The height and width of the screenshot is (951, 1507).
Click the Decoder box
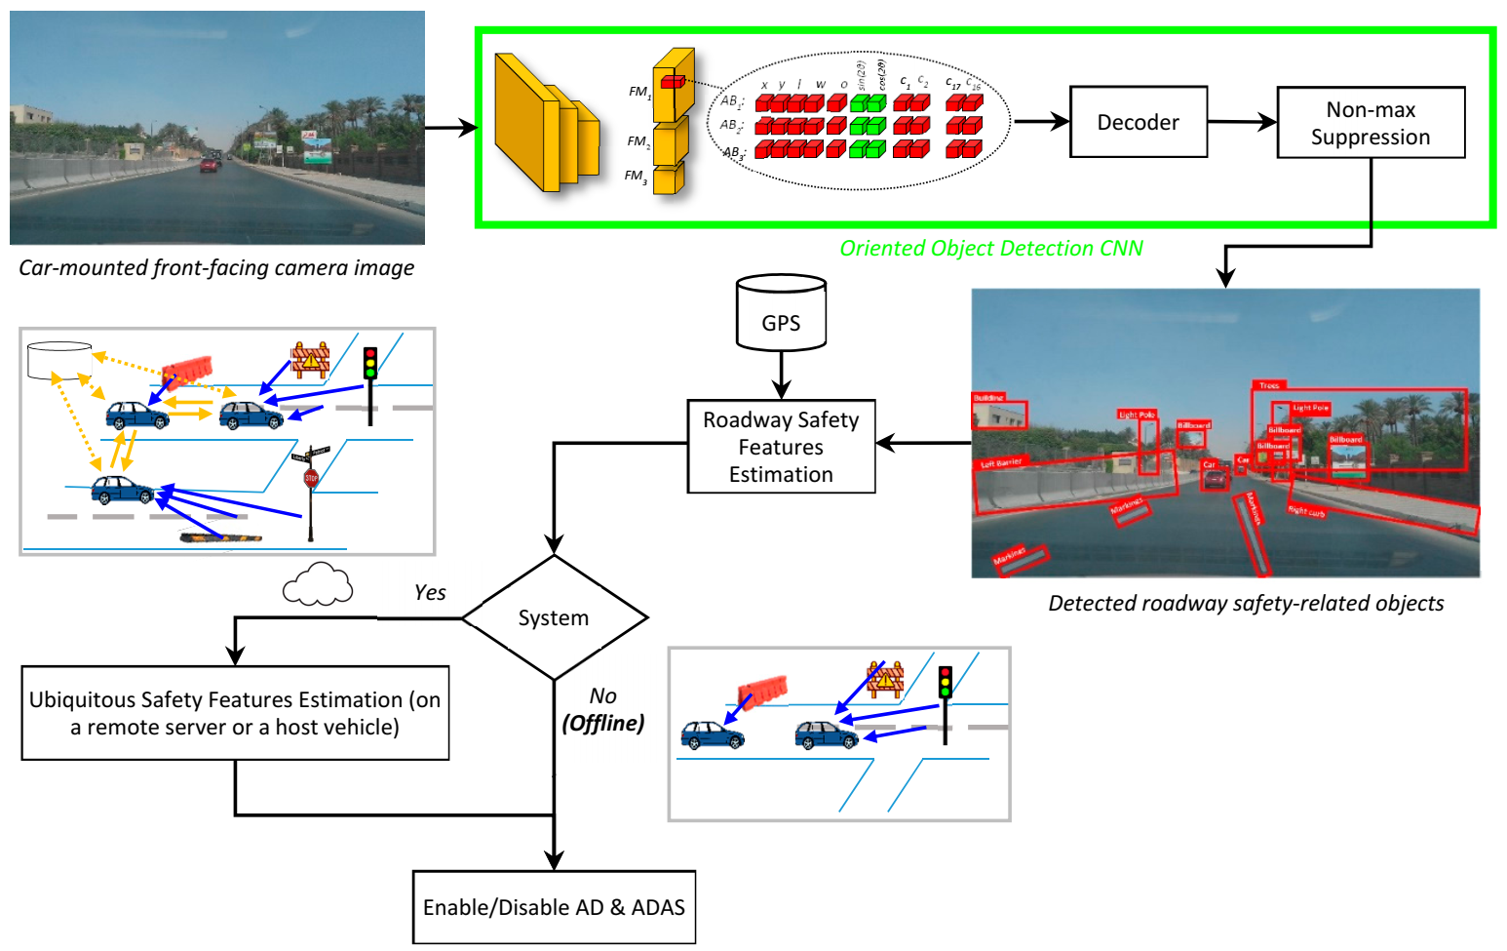click(x=1138, y=122)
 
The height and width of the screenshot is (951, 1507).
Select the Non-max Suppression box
click(x=1370, y=123)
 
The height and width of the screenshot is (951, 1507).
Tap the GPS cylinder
click(x=781, y=314)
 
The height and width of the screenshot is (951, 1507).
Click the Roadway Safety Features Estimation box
click(x=781, y=447)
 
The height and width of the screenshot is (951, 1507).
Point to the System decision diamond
click(x=554, y=617)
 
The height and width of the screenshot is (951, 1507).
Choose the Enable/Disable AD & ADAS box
click(x=554, y=907)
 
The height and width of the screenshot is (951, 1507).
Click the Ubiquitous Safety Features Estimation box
click(x=235, y=713)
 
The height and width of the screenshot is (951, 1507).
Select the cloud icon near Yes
click(x=317, y=584)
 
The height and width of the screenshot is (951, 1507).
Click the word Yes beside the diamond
click(x=430, y=593)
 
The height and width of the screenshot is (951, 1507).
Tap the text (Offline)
click(x=603, y=724)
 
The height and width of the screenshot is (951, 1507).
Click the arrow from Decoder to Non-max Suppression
click(x=1242, y=122)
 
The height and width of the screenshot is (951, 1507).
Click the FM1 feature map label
click(x=639, y=92)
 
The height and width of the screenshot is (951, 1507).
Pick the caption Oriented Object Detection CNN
click(x=991, y=249)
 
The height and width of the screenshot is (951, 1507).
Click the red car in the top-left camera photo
click(x=209, y=165)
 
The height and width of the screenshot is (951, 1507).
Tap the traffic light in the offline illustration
click(x=945, y=683)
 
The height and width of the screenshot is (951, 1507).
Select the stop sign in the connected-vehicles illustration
click(x=311, y=478)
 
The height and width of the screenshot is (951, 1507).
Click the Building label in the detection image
click(x=988, y=398)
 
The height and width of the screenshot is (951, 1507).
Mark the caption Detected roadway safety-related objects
click(x=1246, y=604)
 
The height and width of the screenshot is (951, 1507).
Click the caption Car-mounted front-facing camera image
click(x=216, y=268)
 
